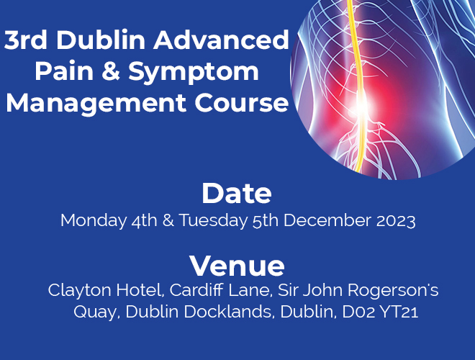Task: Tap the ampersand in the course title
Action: [111, 71]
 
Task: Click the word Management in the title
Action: [96, 104]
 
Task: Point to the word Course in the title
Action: [241, 103]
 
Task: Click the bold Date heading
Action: [237, 194]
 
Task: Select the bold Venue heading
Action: [237, 266]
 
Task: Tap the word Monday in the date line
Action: [94, 221]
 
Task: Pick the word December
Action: [327, 220]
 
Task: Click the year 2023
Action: [396, 220]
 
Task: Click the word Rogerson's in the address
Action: [393, 291]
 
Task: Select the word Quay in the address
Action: [95, 312]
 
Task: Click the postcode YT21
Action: [399, 312]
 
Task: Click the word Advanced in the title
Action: [221, 40]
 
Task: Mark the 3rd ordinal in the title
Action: [26, 40]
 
